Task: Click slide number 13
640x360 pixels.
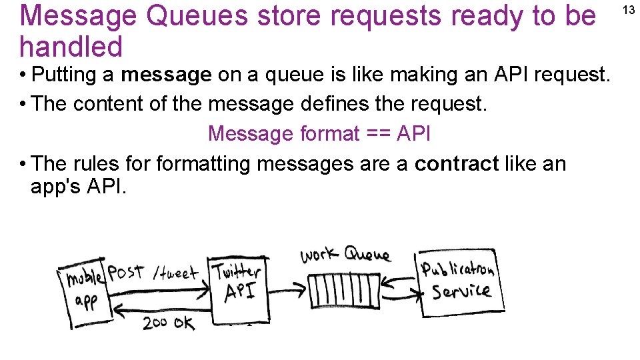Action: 628,9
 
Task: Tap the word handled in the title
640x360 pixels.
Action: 71,47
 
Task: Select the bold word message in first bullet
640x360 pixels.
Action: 166,75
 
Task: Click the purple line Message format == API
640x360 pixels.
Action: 319,133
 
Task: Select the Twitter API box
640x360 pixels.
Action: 237,286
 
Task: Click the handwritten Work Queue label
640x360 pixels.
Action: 345,255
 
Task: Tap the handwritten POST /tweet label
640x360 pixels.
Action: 153,272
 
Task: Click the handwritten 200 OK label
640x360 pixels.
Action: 169,323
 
